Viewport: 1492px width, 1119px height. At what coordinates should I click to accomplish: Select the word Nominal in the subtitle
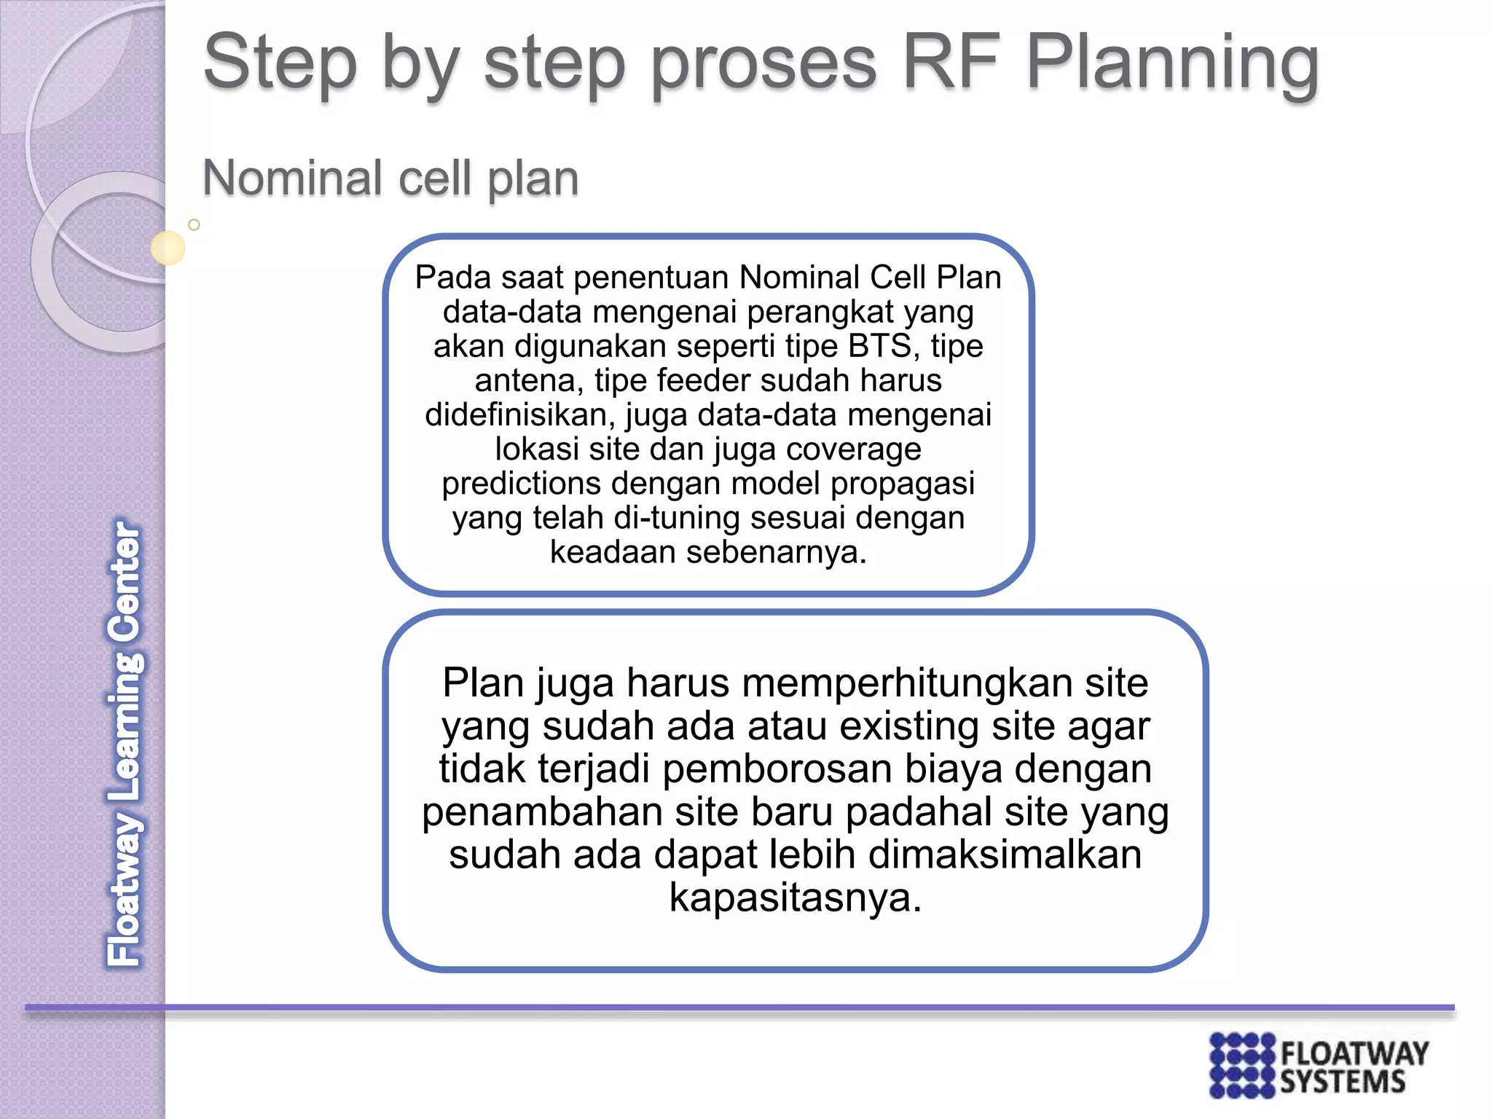[x=292, y=178]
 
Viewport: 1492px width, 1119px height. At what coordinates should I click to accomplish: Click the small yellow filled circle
[x=168, y=248]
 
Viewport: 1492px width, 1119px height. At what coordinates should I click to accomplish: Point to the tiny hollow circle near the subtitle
[x=194, y=225]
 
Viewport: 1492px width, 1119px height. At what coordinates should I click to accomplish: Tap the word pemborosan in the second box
[x=777, y=769]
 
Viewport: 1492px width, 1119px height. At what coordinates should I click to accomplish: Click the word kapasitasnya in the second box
[x=794, y=897]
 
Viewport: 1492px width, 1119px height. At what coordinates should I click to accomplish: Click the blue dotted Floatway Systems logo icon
[x=1242, y=1064]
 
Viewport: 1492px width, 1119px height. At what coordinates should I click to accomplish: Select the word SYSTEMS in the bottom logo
[x=1342, y=1082]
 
